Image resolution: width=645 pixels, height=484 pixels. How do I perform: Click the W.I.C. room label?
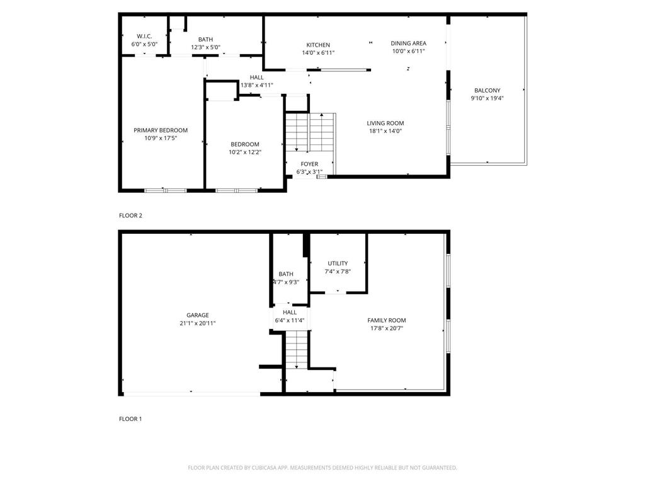click(144, 36)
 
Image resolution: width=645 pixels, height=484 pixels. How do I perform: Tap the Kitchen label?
click(318, 45)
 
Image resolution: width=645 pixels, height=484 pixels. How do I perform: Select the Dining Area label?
click(408, 43)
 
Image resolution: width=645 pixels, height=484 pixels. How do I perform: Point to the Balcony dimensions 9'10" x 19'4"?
click(488, 98)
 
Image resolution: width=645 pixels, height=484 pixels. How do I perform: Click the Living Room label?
click(385, 124)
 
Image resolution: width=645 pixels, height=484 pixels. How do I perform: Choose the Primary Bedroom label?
click(161, 130)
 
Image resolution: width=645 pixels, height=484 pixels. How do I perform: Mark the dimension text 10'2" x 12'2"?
click(244, 152)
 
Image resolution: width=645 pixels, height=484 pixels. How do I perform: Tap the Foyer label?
click(309, 164)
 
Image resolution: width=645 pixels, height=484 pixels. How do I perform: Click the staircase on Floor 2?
click(309, 132)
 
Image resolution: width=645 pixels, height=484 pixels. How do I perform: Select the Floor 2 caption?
click(130, 216)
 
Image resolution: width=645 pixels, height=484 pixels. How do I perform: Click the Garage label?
click(197, 315)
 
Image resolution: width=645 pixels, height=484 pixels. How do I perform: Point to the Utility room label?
click(338, 263)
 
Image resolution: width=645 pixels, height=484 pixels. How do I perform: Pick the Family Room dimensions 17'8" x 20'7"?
click(387, 328)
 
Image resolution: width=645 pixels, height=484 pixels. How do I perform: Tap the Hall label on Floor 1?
click(290, 312)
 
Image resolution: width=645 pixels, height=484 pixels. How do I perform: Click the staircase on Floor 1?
click(296, 350)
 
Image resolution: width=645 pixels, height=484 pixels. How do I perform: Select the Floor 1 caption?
click(130, 418)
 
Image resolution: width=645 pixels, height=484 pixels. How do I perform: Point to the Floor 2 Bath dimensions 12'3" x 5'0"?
click(205, 47)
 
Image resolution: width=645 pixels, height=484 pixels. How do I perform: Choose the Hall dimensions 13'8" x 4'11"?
click(256, 85)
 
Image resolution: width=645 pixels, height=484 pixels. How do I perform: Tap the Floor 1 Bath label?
click(286, 274)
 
